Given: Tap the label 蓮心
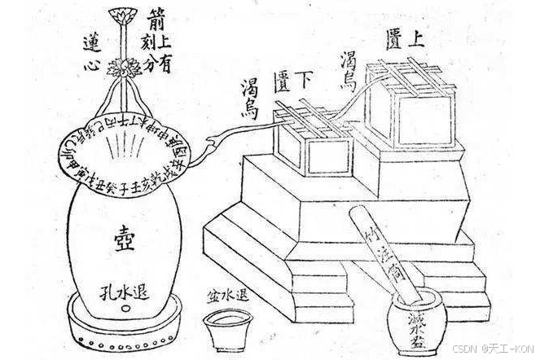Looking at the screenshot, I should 91,55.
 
